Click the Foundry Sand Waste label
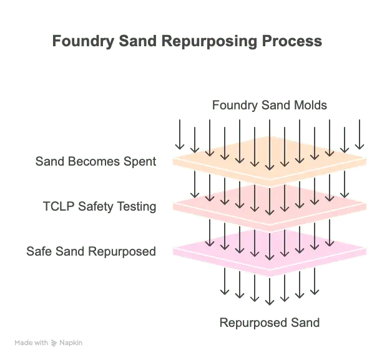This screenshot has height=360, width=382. tap(269, 104)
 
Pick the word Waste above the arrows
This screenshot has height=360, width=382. tap(314, 104)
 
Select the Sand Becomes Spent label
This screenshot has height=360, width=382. tap(96, 162)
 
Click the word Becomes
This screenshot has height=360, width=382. tap(97, 162)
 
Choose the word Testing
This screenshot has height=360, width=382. tap(139, 206)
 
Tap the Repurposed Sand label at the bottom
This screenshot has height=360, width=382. tap(269, 323)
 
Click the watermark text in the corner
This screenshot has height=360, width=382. tap(49, 343)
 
